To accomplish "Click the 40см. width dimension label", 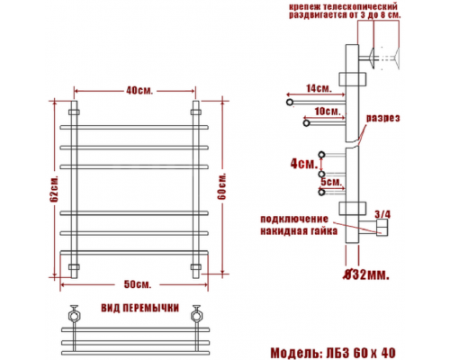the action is pyautogui.click(x=139, y=90).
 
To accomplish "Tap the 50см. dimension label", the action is pyautogui.click(x=138, y=284).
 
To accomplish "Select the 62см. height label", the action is pyautogui.click(x=54, y=189).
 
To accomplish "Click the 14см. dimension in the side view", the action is pyautogui.click(x=319, y=88).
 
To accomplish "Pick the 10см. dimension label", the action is pyautogui.click(x=328, y=112).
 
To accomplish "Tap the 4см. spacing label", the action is pyautogui.click(x=304, y=164).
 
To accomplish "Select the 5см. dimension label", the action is pyautogui.click(x=331, y=182).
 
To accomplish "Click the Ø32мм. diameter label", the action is pyautogui.click(x=366, y=274).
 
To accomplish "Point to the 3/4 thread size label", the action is pyautogui.click(x=382, y=214).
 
